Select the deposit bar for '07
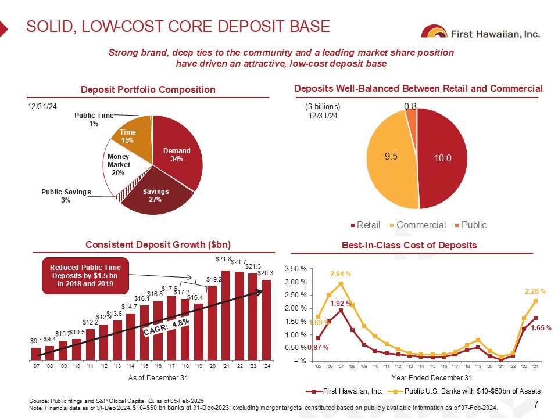pyautogui.click(x=36, y=354)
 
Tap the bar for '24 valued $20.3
pyautogui.click(x=267, y=320)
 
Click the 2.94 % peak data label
pyautogui.click(x=341, y=273)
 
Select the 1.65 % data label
pyautogui.click(x=542, y=328)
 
